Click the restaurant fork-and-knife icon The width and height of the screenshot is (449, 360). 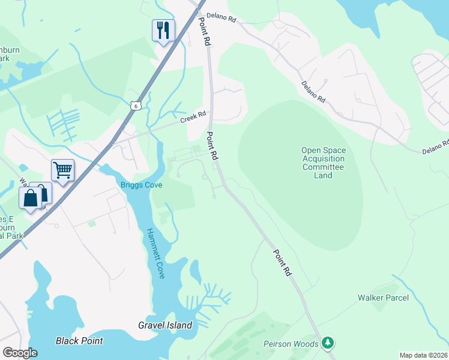163,29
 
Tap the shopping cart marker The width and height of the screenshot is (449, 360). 62,170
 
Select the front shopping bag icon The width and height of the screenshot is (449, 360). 31,198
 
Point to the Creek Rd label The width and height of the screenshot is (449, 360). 193,116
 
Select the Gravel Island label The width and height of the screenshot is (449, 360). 165,326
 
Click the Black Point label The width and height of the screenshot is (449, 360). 79,341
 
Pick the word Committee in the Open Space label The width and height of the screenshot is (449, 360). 324,167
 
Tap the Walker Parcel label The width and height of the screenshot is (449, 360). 383,298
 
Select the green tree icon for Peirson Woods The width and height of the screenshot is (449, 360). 327,343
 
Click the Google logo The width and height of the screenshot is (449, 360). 20,352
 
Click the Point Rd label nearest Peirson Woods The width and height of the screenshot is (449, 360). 282,263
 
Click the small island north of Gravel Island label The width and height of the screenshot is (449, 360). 196,271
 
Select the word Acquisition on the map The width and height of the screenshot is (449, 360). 324,159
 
